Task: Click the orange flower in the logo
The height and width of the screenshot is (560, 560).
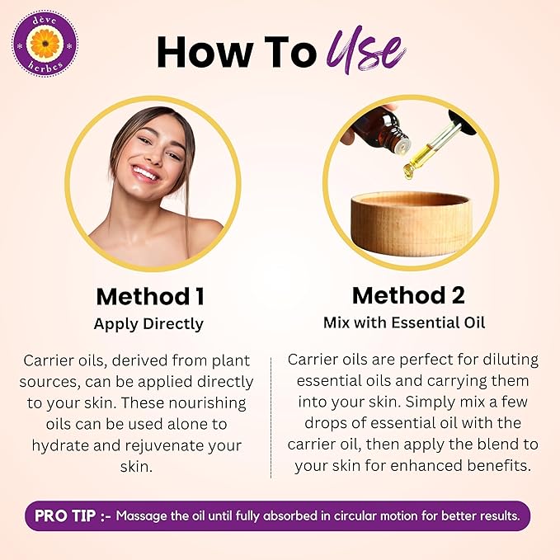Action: click(45, 43)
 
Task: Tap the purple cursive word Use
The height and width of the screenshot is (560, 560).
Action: click(367, 49)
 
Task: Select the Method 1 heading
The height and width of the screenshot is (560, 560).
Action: click(150, 296)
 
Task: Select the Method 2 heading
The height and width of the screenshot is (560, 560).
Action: click(408, 295)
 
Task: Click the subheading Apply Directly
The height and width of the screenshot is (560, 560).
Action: click(148, 324)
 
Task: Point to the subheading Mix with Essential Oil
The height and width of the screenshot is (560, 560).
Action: click(404, 322)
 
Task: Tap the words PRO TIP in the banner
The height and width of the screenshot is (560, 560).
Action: click(65, 515)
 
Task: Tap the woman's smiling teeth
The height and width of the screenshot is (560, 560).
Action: click(146, 173)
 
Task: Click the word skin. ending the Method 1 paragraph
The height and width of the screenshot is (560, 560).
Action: click(136, 467)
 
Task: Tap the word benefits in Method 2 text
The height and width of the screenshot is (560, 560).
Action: click(500, 465)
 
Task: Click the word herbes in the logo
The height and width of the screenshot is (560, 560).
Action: click(45, 67)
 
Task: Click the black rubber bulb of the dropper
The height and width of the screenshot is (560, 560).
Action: click(463, 122)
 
